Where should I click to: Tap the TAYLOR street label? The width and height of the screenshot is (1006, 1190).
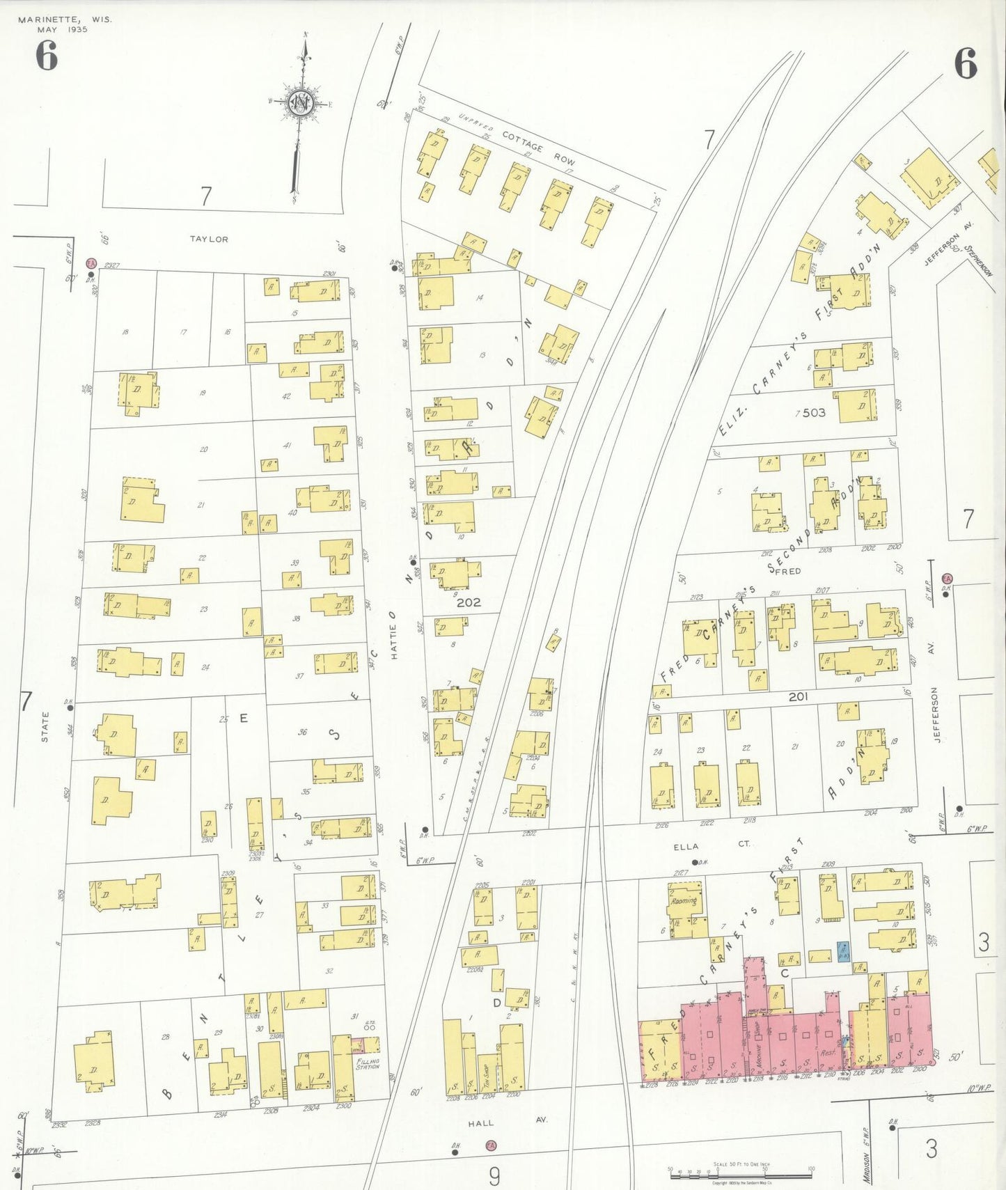209,240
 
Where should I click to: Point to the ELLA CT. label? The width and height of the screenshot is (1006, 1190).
711,844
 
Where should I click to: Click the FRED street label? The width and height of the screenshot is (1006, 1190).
787,571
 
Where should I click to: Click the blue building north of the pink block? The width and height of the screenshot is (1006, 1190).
843,950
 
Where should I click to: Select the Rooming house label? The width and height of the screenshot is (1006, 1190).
684,900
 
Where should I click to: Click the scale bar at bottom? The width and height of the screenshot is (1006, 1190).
740,1175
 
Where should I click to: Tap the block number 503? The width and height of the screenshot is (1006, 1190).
813,413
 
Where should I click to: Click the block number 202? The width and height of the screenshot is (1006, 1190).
469,602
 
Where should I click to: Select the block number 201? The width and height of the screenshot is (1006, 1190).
798,696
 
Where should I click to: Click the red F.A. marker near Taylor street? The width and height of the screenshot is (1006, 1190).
91,263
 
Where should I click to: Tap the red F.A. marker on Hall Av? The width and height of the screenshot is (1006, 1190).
491,1145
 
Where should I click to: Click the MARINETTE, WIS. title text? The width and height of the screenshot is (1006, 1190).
64,19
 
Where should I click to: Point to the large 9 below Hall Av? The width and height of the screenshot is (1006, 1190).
494,1176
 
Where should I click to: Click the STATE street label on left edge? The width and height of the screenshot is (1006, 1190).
45,727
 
